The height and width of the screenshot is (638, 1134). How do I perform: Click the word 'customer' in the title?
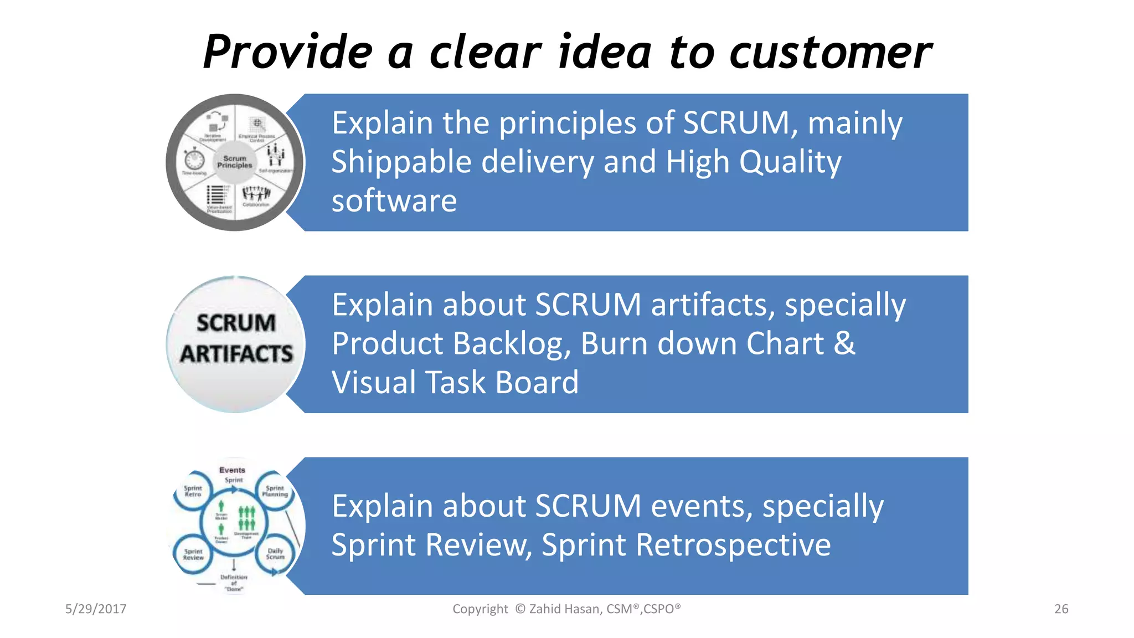coord(831,53)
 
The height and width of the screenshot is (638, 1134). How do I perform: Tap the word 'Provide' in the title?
coord(288,53)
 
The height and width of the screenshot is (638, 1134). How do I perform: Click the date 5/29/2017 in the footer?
coord(96,609)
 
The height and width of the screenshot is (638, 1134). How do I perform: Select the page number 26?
coord(1061,609)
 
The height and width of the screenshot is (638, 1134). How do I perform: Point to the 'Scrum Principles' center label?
coord(234,162)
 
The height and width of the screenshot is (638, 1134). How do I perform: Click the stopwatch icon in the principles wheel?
coord(194,159)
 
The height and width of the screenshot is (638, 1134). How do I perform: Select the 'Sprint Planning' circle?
coord(275,491)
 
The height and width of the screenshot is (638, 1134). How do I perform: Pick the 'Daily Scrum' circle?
coord(275,553)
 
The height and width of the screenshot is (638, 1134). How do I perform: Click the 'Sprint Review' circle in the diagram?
coord(193,554)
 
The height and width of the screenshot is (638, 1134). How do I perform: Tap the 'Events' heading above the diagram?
coord(232,470)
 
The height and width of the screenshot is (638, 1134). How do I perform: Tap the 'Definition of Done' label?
coord(234,583)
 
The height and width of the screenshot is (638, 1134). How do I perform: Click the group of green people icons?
coord(246,518)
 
